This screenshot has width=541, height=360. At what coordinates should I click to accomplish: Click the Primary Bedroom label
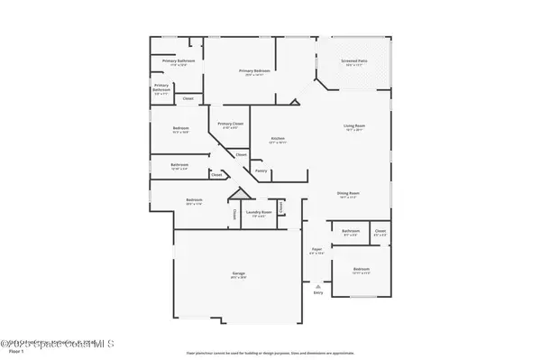(x=255, y=70)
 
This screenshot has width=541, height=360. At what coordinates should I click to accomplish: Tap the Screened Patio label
(x=353, y=61)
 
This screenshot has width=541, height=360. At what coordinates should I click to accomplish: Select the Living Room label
(x=353, y=125)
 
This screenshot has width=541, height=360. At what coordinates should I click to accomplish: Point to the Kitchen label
(x=279, y=138)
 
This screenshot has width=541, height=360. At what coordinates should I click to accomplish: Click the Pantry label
(x=260, y=171)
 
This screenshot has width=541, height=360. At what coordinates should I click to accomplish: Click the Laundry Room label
(x=258, y=214)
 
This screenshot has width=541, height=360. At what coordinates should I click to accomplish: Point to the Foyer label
(x=316, y=249)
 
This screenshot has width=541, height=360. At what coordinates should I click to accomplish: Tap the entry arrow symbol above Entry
(x=317, y=285)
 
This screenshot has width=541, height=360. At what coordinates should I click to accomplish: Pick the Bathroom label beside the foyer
(x=351, y=232)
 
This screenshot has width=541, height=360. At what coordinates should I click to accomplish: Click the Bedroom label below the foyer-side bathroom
(x=361, y=270)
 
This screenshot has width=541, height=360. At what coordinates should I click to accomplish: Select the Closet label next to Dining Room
(x=381, y=232)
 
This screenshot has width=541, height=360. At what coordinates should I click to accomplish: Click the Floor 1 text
(x=15, y=350)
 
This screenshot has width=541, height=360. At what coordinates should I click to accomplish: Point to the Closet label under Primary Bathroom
(x=188, y=98)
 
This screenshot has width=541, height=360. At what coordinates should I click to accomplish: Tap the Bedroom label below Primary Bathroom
(x=180, y=129)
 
